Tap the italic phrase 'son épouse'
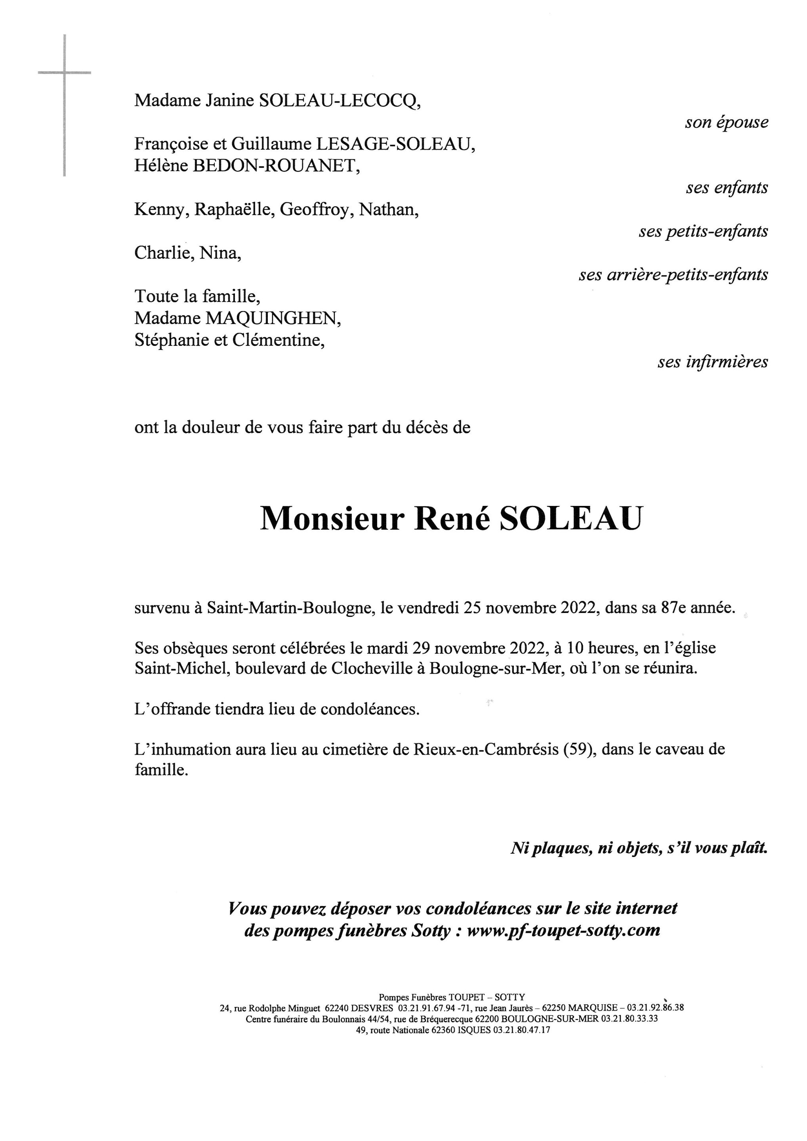[x=726, y=123]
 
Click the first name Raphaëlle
[x=234, y=210]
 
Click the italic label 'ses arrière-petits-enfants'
[x=673, y=275]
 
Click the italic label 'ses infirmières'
[x=713, y=362]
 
